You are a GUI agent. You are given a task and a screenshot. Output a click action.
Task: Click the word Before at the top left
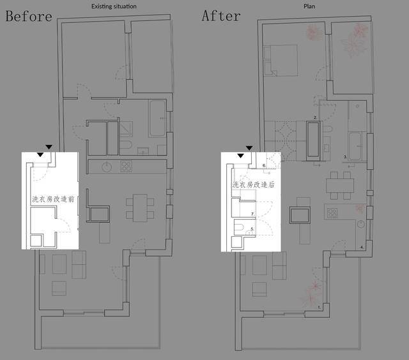(29, 16)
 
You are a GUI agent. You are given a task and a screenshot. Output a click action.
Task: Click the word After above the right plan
(221, 16)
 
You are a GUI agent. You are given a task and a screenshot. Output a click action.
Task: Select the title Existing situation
(114, 6)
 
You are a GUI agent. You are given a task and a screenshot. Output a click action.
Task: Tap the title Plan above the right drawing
(309, 6)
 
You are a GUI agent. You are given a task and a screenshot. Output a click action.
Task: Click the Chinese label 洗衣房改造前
(53, 199)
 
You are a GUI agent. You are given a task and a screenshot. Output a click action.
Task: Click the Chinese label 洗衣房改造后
(253, 184)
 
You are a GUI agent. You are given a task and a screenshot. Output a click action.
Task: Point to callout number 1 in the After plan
(319, 308)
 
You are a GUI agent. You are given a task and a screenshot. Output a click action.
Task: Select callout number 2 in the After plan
(315, 117)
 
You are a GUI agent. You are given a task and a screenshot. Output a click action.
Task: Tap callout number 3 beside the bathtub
(345, 157)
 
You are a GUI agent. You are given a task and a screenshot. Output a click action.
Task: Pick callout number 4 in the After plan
(362, 247)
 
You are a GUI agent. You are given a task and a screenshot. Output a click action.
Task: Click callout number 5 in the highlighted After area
(252, 229)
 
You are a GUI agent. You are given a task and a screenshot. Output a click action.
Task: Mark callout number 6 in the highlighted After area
(264, 165)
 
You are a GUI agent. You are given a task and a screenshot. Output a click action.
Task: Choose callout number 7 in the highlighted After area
(252, 214)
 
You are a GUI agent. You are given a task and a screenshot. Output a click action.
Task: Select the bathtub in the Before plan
(157, 119)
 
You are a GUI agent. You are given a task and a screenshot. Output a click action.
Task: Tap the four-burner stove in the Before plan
(127, 166)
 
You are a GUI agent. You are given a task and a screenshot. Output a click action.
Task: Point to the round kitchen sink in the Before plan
(107, 167)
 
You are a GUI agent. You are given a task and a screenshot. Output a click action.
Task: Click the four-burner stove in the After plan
(332, 213)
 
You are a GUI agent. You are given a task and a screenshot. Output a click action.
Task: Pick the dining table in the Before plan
(140, 208)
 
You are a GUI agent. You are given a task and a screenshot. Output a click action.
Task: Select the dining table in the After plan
(340, 186)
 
